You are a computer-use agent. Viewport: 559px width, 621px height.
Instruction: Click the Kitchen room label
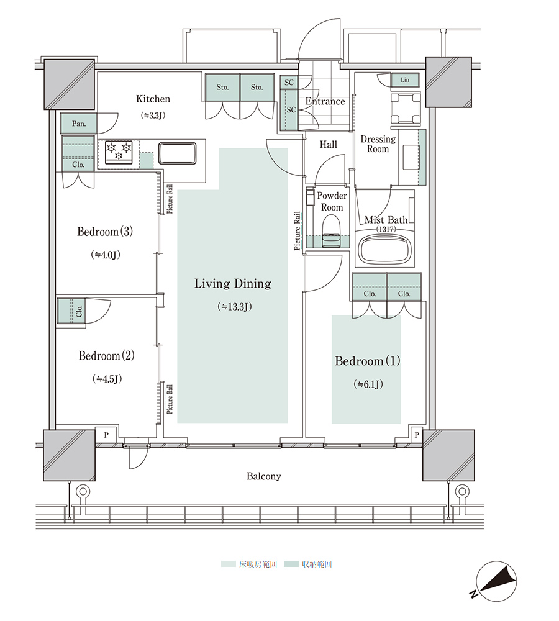tap(153, 99)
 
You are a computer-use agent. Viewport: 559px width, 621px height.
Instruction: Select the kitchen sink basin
tap(178, 153)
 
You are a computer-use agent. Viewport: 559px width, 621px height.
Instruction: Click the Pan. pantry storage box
tap(79, 124)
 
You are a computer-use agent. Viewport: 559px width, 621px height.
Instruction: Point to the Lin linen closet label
tap(405, 79)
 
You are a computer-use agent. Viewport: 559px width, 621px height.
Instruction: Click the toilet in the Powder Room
tap(331, 231)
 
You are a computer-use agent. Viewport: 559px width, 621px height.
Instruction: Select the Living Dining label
tap(233, 284)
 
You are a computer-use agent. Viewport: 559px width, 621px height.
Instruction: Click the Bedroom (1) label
tap(367, 361)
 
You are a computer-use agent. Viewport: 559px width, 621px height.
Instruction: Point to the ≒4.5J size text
tap(107, 379)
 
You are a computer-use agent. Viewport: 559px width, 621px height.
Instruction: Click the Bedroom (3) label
tap(105, 231)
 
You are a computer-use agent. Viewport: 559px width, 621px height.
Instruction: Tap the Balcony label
tap(264, 476)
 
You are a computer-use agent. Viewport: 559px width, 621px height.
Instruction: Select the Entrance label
tap(325, 101)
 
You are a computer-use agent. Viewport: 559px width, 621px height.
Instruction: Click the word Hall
tap(329, 145)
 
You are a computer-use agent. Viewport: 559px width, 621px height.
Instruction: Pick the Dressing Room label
tap(378, 144)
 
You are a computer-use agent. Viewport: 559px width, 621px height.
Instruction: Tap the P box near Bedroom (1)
tap(416, 435)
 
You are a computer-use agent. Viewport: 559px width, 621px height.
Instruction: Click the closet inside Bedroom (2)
tap(71, 311)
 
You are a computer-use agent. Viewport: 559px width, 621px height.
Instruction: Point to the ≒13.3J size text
tap(235, 307)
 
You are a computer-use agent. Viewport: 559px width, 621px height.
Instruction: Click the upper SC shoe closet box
tap(289, 82)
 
